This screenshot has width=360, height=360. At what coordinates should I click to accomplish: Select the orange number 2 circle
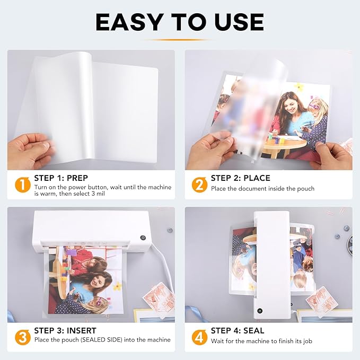pos(199,184)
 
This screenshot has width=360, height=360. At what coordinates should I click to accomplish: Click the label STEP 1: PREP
pos(60,178)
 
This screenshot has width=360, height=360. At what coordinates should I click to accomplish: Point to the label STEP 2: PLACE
pos(240,178)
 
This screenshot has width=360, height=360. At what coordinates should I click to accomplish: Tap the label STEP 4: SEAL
pos(237,330)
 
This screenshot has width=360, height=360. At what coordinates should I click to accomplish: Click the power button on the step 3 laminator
pos(143,238)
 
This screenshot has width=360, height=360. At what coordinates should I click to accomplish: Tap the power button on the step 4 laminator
pos(259,311)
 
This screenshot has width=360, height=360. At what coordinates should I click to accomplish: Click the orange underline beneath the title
pos(180,39)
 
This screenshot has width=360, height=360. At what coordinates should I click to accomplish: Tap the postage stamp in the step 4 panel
pos(321,300)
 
